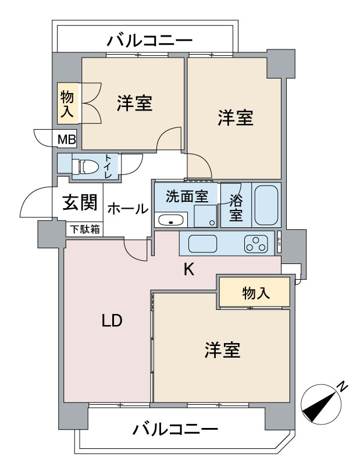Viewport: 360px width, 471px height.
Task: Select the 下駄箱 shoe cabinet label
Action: [x=85, y=230]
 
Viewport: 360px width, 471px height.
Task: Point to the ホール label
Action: [x=127, y=209]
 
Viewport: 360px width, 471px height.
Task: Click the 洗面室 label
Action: [x=186, y=197]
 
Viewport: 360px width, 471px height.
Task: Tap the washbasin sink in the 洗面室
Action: [x=170, y=220]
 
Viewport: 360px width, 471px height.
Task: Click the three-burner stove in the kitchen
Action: [x=256, y=243]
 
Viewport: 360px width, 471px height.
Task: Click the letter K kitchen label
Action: [x=188, y=269]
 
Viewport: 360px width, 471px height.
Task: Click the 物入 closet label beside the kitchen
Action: [x=255, y=293]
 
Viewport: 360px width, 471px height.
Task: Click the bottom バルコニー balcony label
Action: [x=175, y=431]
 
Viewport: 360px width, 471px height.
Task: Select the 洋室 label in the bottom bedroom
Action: [x=222, y=350]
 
